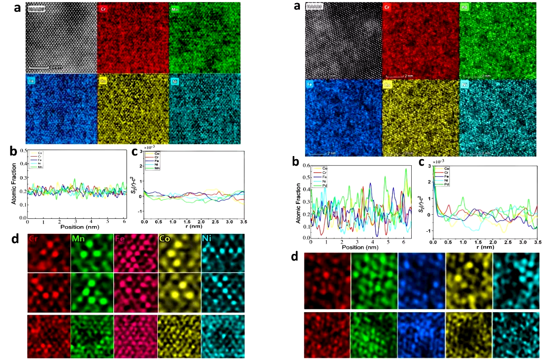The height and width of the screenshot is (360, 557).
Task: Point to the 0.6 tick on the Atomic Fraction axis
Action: click(x=305, y=166)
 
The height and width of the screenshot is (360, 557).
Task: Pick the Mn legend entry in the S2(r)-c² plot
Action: click(x=157, y=168)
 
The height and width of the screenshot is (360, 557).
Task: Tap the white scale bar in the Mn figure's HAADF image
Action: click(x=39, y=67)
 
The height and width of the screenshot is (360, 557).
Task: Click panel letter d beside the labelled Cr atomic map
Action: click(x=16, y=240)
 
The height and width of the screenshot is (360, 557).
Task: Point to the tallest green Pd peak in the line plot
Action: click(x=406, y=169)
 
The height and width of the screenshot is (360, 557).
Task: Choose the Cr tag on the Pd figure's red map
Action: click(x=389, y=7)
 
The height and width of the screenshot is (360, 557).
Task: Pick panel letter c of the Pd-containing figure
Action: click(x=422, y=163)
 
